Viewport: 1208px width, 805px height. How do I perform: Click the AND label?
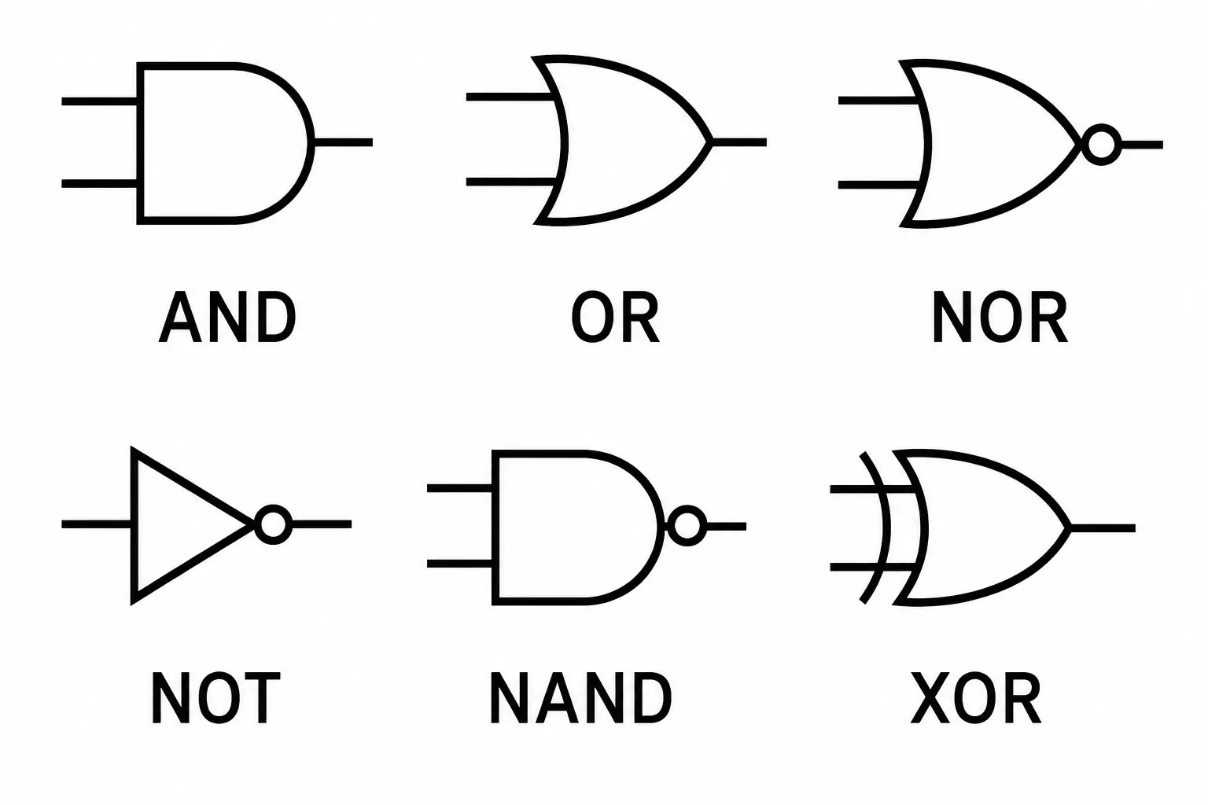click(x=227, y=317)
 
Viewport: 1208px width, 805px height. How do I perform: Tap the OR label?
click(x=615, y=317)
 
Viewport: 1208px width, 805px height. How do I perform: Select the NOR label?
click(x=1000, y=317)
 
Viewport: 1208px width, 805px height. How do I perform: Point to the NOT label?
click(x=215, y=697)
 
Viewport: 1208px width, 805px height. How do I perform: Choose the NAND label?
click(x=581, y=697)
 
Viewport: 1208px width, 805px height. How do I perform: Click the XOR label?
click(x=976, y=697)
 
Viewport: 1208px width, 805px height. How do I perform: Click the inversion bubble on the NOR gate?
click(x=1101, y=145)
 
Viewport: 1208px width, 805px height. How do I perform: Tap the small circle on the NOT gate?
click(x=273, y=524)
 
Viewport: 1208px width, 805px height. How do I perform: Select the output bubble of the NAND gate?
click(x=687, y=526)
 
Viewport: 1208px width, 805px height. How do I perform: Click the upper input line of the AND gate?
click(x=100, y=101)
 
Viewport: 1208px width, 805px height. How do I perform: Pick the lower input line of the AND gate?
click(x=100, y=184)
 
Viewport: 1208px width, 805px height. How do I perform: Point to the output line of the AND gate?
click(x=343, y=142)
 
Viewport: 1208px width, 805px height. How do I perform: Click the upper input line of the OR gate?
click(x=510, y=97)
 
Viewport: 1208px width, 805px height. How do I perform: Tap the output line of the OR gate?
click(x=738, y=142)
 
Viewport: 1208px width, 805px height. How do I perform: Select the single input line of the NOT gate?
click(x=97, y=524)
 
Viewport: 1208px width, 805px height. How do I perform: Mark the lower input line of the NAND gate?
click(x=459, y=564)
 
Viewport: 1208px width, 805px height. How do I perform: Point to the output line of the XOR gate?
click(x=1103, y=527)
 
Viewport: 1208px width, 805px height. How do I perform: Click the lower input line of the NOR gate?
click(x=879, y=185)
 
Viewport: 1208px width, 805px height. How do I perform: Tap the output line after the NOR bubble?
click(x=1142, y=145)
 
